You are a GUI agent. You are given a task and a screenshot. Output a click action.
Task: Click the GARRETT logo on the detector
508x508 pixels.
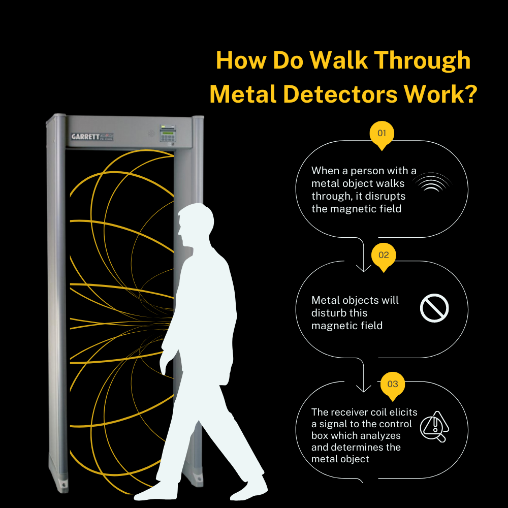85,137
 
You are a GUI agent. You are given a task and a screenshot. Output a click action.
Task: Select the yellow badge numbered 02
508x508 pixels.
384,255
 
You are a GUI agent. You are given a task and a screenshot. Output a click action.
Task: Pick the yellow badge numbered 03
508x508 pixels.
393,385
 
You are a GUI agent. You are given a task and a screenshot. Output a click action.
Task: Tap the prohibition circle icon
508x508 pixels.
434,308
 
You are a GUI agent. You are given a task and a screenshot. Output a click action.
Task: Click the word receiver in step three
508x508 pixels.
350,411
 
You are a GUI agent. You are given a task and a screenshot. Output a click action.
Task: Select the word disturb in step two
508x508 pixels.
329,313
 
